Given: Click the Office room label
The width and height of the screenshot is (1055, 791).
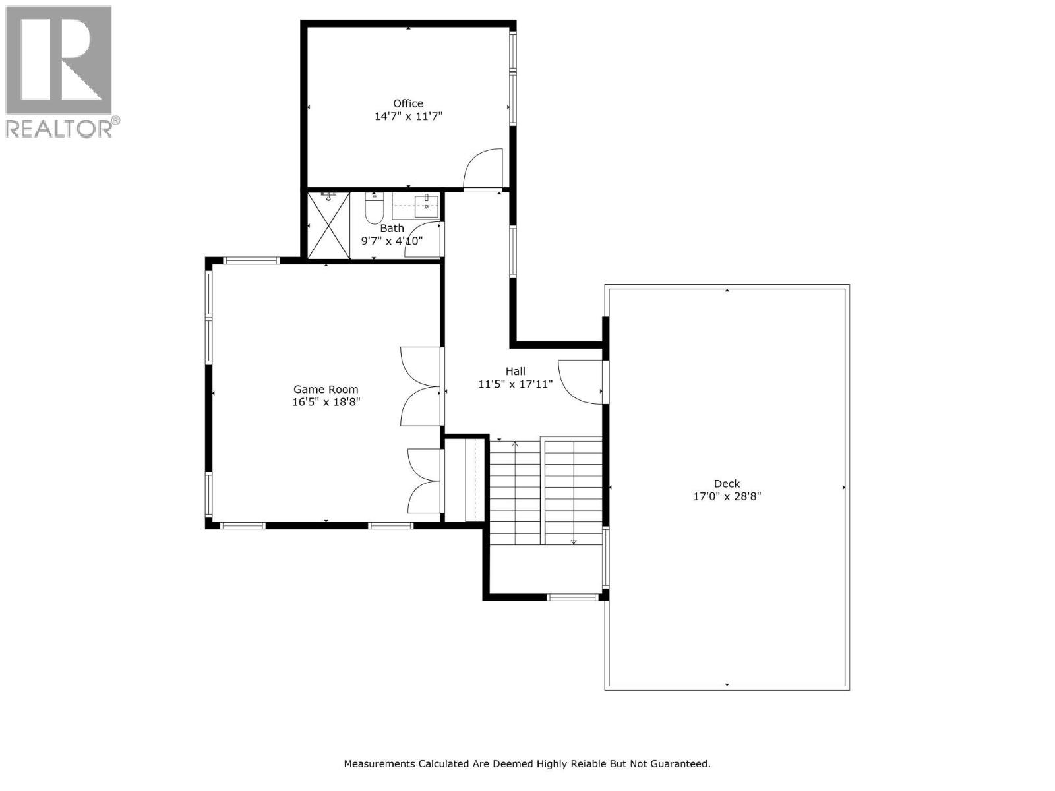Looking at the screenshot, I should [x=408, y=103].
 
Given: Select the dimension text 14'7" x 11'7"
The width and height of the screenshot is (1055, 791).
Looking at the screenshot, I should [x=408, y=116].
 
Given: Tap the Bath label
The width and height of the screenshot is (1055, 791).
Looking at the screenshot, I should [x=392, y=228].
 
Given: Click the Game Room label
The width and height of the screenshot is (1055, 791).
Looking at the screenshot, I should [x=326, y=389].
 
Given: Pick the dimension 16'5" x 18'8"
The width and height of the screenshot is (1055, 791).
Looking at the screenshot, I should [x=326, y=401].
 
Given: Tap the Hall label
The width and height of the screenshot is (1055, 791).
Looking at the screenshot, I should [x=515, y=371].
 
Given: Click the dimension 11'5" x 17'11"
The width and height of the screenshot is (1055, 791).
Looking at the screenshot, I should [x=515, y=384].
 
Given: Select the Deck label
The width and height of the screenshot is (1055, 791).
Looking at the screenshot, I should [x=727, y=483].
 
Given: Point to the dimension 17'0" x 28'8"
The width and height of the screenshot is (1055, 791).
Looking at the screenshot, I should [x=727, y=496].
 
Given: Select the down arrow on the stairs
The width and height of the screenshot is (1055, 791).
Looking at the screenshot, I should [x=574, y=541].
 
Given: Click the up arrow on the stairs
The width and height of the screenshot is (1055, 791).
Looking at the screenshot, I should [x=515, y=444].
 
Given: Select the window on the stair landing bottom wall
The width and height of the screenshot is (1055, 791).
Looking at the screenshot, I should [x=572, y=597].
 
